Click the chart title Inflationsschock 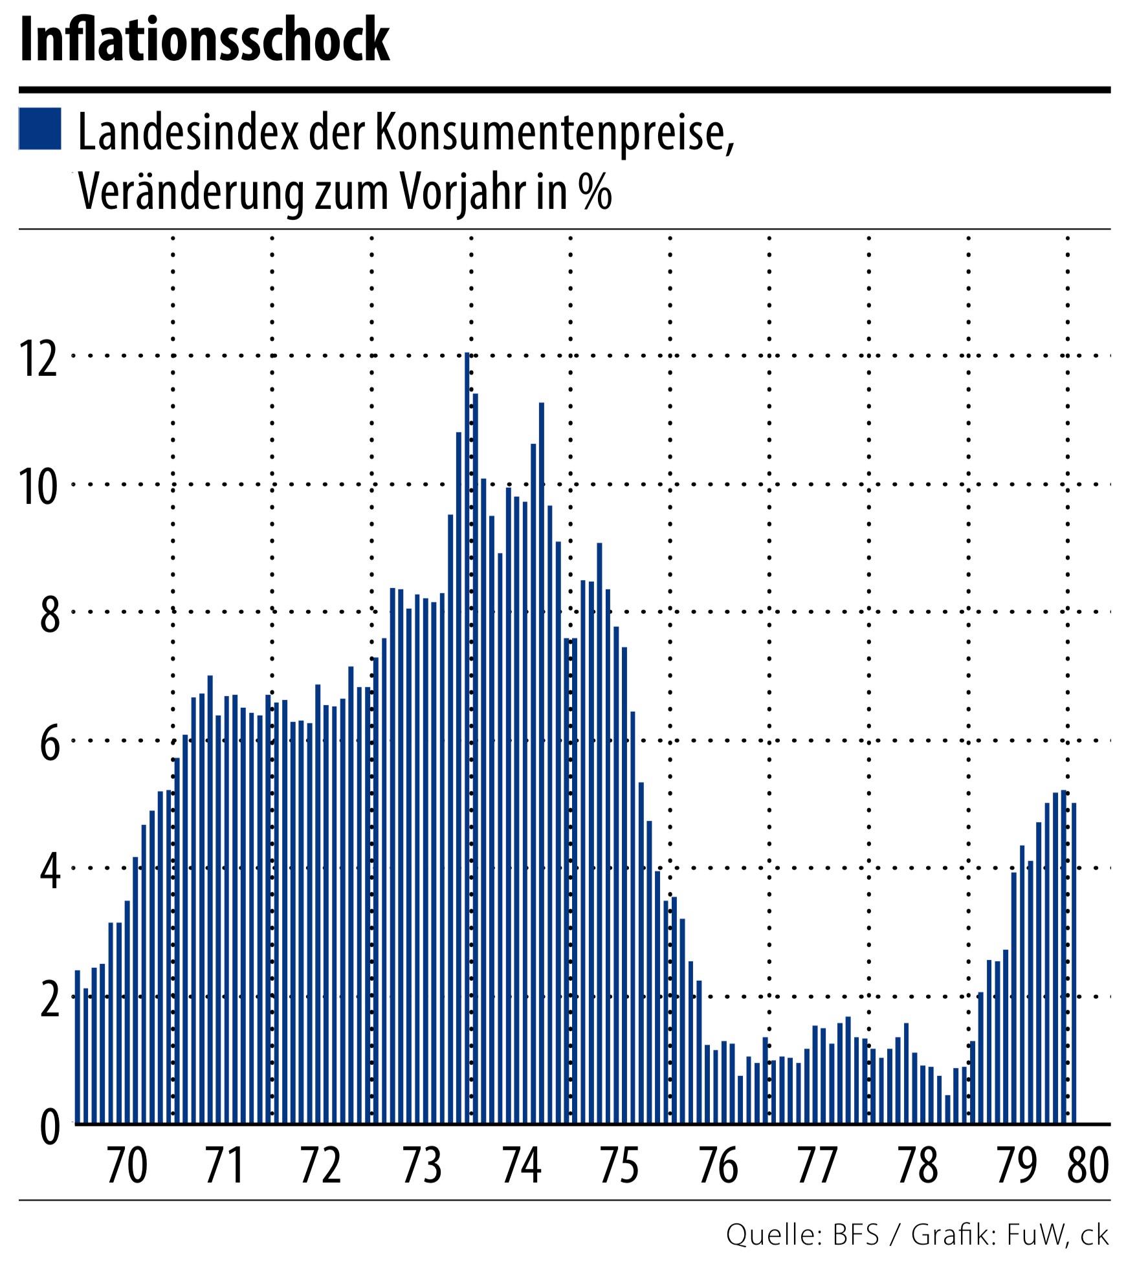(205, 40)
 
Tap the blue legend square (40, 129)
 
